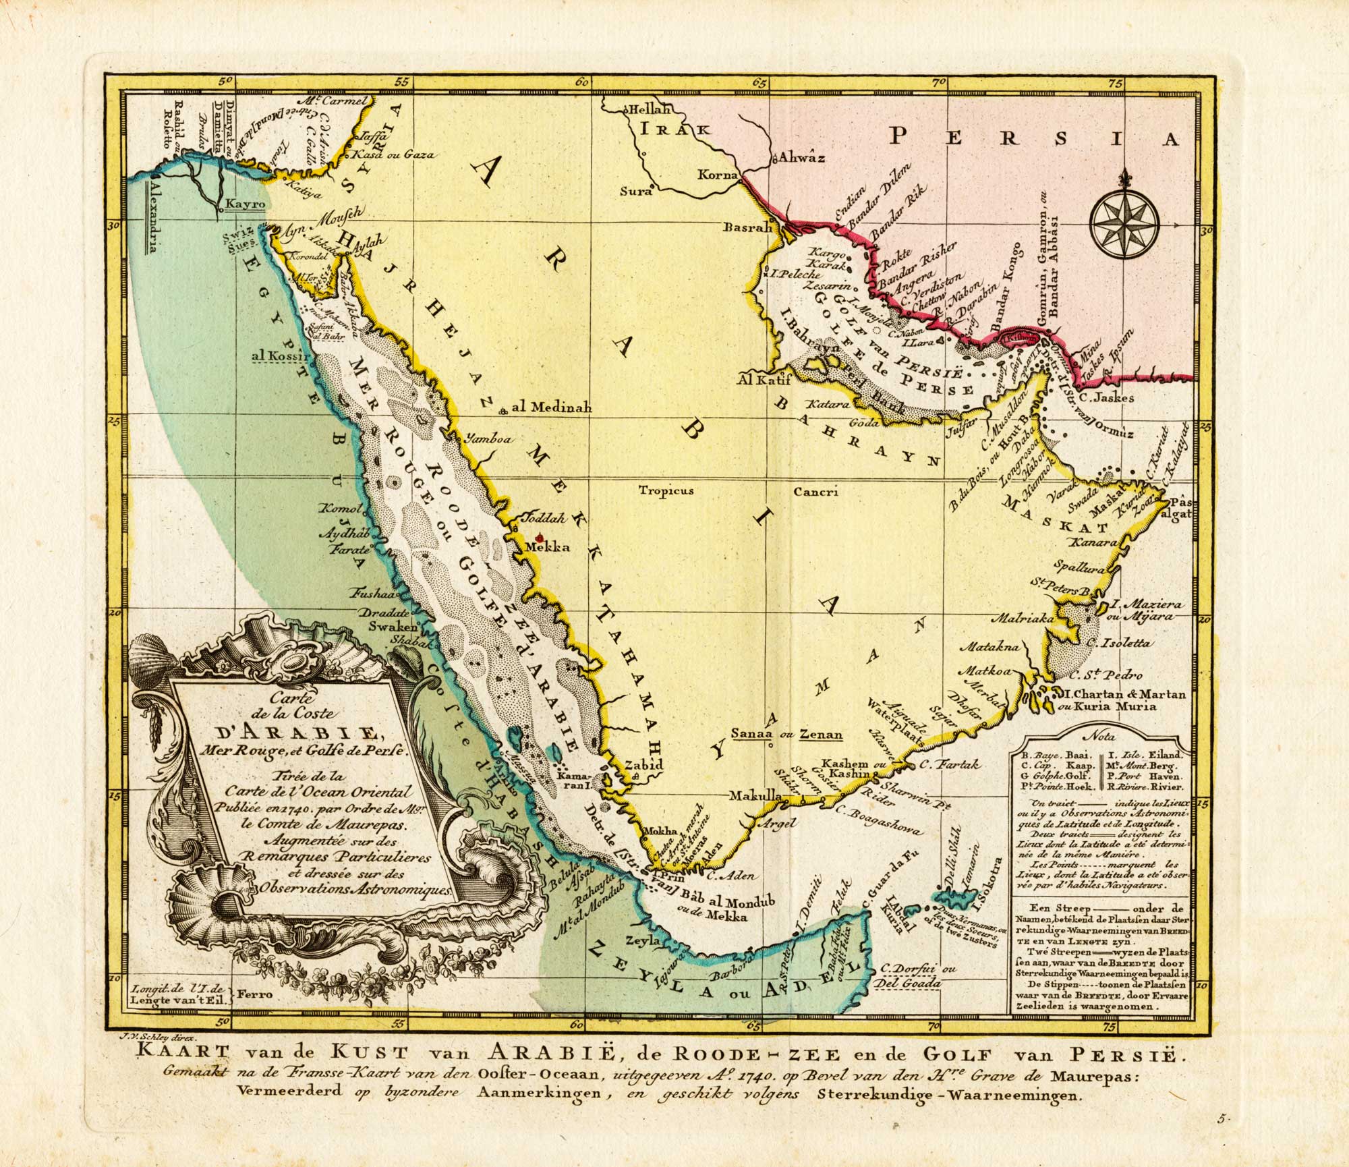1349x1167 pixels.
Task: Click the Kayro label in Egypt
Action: point(239,202)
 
